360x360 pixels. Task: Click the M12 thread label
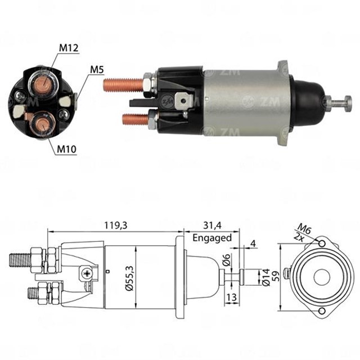[x=68, y=49]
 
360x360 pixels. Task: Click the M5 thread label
[x=97, y=70]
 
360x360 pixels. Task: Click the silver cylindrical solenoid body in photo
[x=245, y=101]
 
